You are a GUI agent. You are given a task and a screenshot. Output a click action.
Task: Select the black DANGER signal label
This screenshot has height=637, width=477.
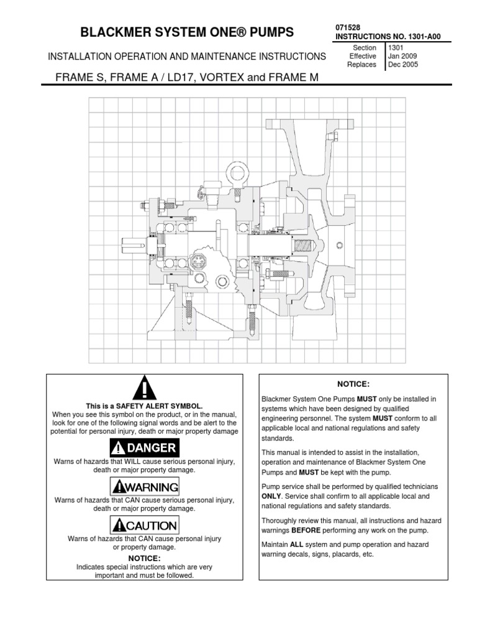click(143, 447)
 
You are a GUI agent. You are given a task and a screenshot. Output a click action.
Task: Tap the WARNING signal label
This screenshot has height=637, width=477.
click(143, 486)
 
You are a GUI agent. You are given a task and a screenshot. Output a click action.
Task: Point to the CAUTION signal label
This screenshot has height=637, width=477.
click(143, 525)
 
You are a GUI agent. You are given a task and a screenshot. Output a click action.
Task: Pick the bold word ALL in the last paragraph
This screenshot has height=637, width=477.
click(295, 544)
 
